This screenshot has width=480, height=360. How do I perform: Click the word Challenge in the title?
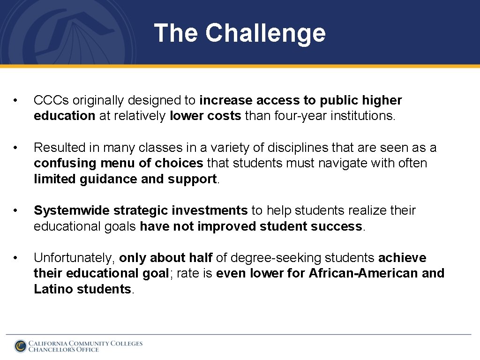click(265, 33)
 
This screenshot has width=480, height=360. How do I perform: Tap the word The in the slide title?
click(176, 33)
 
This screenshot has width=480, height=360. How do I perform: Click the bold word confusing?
click(65, 163)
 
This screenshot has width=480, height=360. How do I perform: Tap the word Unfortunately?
click(74, 258)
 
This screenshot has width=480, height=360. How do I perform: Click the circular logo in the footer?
click(20, 346)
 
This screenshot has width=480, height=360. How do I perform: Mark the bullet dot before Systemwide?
click(16, 211)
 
